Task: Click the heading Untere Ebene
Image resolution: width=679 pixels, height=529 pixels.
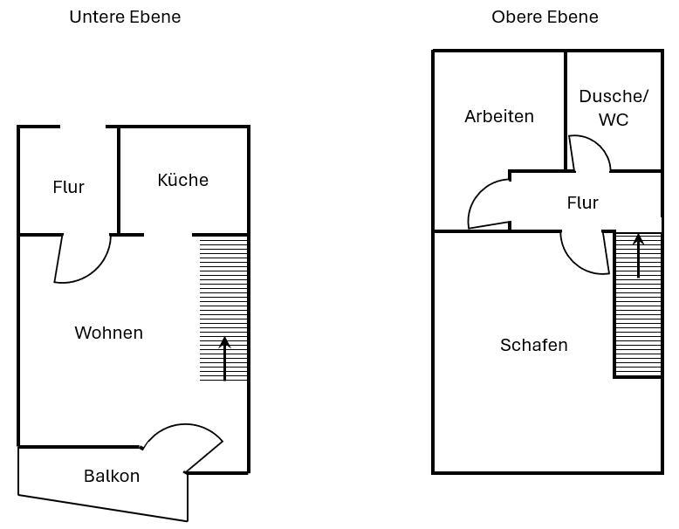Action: [125, 17]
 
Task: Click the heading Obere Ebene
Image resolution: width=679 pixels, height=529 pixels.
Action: [545, 17]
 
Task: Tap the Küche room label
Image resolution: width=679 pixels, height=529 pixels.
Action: [182, 180]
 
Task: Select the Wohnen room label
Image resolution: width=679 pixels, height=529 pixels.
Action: [109, 333]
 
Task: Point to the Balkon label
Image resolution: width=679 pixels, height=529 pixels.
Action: [112, 476]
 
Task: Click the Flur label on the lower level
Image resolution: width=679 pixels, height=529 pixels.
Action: [68, 187]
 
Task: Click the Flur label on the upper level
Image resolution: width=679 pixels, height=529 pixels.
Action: [582, 203]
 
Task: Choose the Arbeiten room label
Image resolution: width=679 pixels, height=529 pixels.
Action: [499, 116]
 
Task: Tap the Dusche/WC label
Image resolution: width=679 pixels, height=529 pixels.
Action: [614, 108]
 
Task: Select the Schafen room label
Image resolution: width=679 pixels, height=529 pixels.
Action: [533, 345]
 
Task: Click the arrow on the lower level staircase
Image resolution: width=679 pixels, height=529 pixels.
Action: [224, 359]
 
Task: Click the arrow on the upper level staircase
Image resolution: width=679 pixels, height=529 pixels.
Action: [638, 256]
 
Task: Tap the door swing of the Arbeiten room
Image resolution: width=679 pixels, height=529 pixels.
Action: [476, 195]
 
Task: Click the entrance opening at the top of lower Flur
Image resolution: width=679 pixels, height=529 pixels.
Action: [83, 127]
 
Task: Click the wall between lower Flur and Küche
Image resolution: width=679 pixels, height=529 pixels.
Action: [118, 181]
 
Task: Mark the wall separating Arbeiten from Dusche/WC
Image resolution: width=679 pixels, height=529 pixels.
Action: [566, 111]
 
